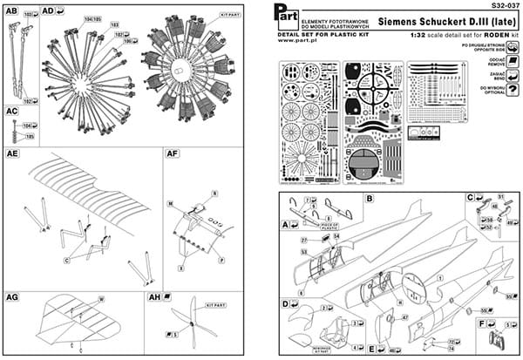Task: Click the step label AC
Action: point(11,112)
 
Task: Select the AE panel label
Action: point(12,153)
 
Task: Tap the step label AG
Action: point(12,297)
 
